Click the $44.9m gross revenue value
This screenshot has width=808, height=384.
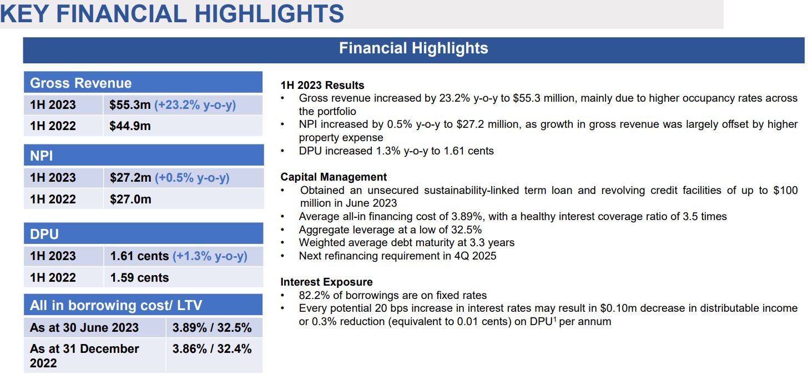(130, 126)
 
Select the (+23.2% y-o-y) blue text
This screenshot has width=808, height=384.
(195, 105)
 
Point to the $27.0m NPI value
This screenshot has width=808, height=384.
(130, 199)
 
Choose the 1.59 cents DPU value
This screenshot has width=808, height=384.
(139, 277)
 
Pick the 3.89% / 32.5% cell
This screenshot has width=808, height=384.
(212, 328)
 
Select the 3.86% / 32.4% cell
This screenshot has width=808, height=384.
(212, 348)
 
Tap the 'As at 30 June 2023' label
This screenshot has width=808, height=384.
(84, 328)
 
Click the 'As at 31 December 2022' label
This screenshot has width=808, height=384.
(84, 356)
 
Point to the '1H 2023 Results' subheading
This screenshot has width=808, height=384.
(322, 85)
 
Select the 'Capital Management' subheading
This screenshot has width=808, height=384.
(334, 177)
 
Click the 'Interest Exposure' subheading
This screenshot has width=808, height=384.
(326, 282)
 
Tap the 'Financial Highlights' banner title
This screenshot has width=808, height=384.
(413, 48)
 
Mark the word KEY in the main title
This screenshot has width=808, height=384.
(24, 14)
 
